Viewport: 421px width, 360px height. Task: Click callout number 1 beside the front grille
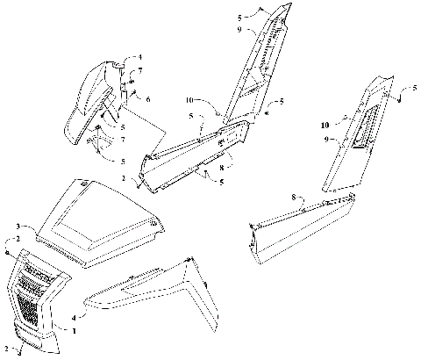75,330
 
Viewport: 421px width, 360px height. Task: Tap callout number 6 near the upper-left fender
147,101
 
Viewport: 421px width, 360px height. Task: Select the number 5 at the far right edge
412,90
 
